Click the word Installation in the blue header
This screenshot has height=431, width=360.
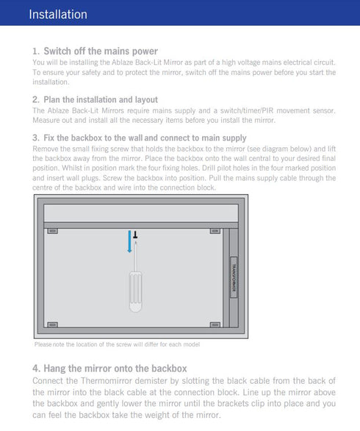[58, 15]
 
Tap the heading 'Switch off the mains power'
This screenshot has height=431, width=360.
[101, 51]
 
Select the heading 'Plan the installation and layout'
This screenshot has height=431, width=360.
[100, 99]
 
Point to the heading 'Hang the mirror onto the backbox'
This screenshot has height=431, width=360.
[115, 368]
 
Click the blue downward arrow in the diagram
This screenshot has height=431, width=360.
[130, 241]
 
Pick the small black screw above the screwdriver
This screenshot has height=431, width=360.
[135, 235]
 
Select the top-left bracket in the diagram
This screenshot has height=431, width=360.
[53, 232]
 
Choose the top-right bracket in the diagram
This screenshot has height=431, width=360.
[215, 232]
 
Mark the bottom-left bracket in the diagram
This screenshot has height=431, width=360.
[53, 324]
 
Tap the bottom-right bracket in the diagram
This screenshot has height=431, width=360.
[215, 324]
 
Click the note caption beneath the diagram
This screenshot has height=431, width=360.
[117, 344]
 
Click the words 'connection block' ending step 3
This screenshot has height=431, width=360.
[191, 188]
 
